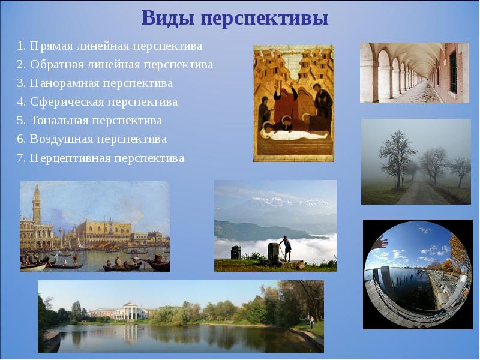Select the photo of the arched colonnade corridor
pos(414,73)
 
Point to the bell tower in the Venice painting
pos(37,207)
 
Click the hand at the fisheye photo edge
pos(380,241)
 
